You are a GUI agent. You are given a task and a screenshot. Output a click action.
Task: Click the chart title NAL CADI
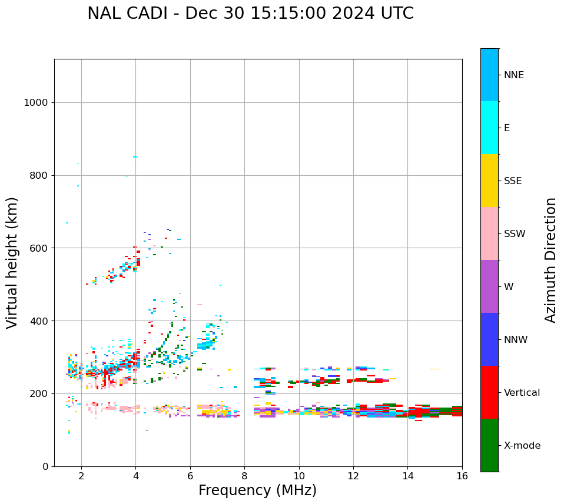(250, 14)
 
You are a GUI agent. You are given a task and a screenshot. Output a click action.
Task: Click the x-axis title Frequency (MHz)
(257, 490)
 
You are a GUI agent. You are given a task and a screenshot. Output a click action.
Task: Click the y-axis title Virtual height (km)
(12, 263)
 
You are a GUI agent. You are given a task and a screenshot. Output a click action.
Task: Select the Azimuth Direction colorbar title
(550, 260)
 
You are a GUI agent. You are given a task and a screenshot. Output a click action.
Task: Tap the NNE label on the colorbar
(514, 75)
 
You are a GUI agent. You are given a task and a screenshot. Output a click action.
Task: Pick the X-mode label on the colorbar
(522, 446)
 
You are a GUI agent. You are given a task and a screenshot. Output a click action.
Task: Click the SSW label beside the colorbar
(515, 234)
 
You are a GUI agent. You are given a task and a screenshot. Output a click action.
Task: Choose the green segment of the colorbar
(489, 445)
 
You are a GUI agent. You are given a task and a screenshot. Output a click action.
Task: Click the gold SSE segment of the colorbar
(489, 181)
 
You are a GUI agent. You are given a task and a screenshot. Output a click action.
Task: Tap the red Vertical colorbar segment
(489, 392)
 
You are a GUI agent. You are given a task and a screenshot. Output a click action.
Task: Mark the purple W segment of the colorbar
(489, 286)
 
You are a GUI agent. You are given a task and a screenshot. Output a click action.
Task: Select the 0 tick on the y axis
(45, 466)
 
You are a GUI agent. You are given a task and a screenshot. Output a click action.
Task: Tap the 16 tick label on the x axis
(462, 476)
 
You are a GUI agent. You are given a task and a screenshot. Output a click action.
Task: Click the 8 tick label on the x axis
(244, 476)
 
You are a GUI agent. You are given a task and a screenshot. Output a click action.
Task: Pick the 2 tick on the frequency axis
(81, 476)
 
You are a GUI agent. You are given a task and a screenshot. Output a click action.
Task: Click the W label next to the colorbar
(509, 287)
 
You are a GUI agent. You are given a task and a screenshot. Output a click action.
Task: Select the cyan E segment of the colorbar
(489, 128)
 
